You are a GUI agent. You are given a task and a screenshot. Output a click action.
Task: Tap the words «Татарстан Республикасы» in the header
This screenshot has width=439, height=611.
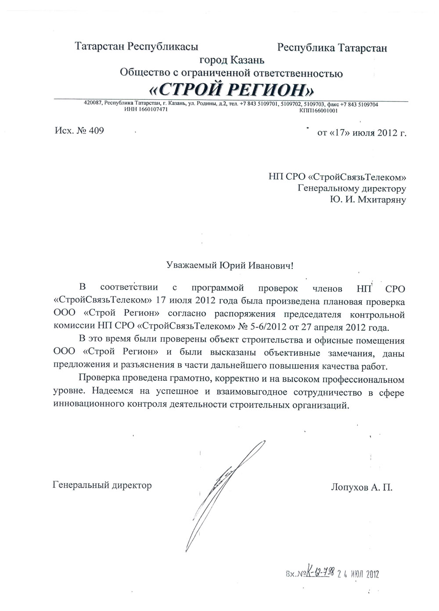click(137, 46)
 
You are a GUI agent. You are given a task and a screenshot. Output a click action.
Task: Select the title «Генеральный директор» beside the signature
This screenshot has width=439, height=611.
click(102, 485)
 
